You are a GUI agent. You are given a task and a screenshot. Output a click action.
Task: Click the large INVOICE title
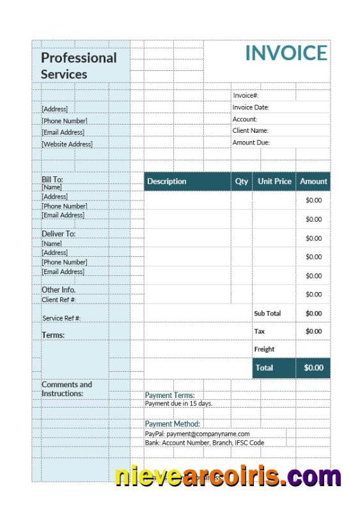286,54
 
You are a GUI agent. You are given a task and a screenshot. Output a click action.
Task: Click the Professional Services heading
79,66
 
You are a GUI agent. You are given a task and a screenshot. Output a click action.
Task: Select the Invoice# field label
246,95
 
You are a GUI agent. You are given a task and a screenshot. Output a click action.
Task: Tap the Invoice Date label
251,107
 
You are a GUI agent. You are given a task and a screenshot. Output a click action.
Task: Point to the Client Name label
250,130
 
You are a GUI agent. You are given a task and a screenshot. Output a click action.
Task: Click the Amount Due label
251,142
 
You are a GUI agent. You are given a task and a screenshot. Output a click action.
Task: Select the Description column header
167,181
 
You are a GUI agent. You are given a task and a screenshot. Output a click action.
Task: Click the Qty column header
242,181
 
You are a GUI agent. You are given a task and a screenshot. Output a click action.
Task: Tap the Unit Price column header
274,181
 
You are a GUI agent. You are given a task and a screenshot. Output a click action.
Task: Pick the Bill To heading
52,180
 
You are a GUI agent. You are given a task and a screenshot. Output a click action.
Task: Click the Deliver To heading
58,234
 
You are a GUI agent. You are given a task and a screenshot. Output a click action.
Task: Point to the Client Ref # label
59,300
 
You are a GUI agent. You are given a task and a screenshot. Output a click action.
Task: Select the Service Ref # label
61,318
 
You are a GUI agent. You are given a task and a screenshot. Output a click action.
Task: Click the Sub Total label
267,314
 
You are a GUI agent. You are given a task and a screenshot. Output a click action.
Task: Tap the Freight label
264,349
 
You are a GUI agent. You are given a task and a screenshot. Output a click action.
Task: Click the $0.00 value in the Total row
313,368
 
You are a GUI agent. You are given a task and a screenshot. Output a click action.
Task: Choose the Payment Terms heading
169,395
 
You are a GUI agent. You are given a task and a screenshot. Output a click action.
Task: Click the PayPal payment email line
197,434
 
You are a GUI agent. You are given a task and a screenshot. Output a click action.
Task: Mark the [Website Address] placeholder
67,144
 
